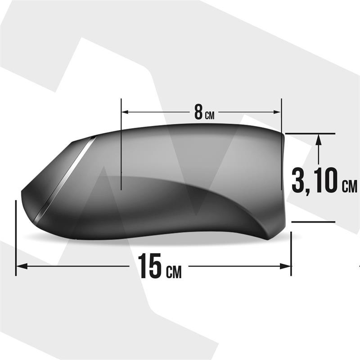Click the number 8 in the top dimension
click(x=198, y=112)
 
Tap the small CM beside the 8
click(x=210, y=115)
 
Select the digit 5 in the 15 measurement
click(x=155, y=266)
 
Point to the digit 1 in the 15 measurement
click(x=142, y=266)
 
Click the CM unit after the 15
click(x=174, y=271)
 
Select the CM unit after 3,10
click(x=349, y=186)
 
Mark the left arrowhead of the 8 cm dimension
click(x=126, y=112)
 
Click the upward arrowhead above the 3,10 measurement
click(x=319, y=139)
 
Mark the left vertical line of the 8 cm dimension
click(x=121, y=144)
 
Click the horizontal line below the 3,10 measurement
click(x=313, y=222)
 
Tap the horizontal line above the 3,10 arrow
click(x=310, y=134)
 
